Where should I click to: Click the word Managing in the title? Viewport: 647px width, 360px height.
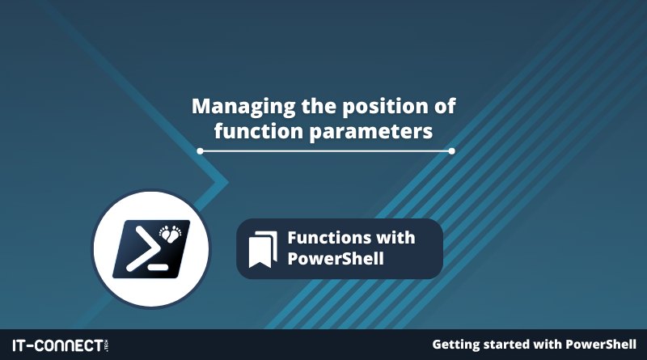point(243,108)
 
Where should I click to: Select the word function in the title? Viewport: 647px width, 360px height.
point(258,132)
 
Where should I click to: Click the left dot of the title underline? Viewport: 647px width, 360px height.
point(200,151)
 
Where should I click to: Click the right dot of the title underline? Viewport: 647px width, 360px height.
point(452,151)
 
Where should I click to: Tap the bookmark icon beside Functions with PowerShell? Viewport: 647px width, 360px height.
point(263,249)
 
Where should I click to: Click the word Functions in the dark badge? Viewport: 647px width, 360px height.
point(323,238)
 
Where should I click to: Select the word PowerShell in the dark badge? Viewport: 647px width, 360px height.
point(336,259)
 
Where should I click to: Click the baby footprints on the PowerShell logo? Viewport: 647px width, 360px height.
point(171,233)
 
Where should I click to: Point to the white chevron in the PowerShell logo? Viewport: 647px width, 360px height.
point(143,250)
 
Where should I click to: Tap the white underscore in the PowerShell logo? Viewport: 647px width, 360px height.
point(158,267)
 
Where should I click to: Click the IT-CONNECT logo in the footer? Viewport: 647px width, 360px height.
point(61,345)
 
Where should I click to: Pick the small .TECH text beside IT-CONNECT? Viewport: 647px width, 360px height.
point(107,345)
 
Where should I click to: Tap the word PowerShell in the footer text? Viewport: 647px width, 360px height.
point(601,345)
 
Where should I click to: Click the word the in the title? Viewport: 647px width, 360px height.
point(319,107)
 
